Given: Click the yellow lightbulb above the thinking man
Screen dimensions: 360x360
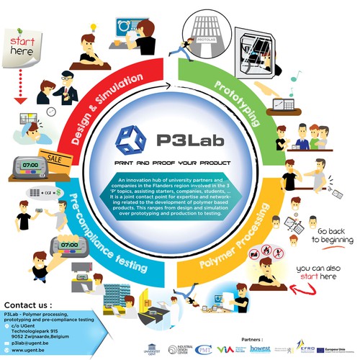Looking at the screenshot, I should coord(93,27).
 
